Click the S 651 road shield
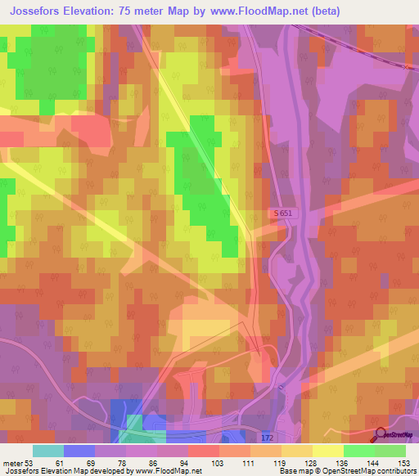point(282,213)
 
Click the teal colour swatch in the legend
point(47,451)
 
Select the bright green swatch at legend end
point(390,451)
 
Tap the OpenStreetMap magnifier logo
point(381,433)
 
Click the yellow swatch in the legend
point(327,451)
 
